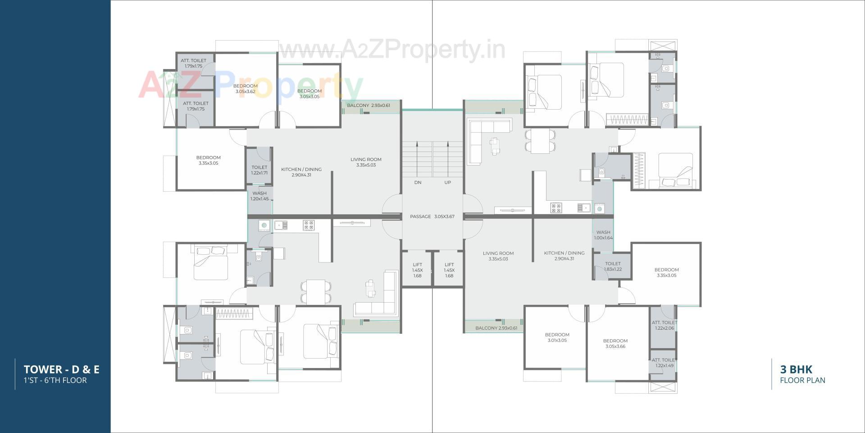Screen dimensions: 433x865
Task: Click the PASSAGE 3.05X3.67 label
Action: coord(432,216)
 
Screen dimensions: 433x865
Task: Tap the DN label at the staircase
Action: coord(418,183)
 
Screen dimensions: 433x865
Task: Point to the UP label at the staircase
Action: coord(447,183)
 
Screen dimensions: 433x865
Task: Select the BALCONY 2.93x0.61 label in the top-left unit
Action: coord(368,106)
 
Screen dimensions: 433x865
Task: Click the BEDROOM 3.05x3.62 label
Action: coord(246,89)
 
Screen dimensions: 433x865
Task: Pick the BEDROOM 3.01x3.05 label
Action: coord(557,337)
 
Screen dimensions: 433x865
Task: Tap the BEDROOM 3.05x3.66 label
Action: coord(615,344)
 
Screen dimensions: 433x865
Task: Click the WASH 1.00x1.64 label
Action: coord(603,235)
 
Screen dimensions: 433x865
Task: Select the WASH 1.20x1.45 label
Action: coord(259,196)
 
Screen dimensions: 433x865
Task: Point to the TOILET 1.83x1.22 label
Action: coord(613,266)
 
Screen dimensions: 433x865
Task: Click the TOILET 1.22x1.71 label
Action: coord(259,170)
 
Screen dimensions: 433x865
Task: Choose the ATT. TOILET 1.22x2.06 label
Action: coord(664,325)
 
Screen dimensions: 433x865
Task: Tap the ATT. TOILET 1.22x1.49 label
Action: coord(664,363)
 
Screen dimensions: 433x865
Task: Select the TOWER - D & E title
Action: coord(62,370)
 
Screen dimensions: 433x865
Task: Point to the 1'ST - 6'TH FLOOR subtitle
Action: coord(55,380)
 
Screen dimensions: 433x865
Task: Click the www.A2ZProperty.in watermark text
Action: coord(392,49)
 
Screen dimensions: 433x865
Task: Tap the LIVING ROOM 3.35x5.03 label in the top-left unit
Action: coord(366,162)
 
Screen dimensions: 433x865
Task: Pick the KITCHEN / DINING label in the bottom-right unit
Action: coord(564,256)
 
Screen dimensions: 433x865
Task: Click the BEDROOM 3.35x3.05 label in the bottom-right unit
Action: coord(666,272)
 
